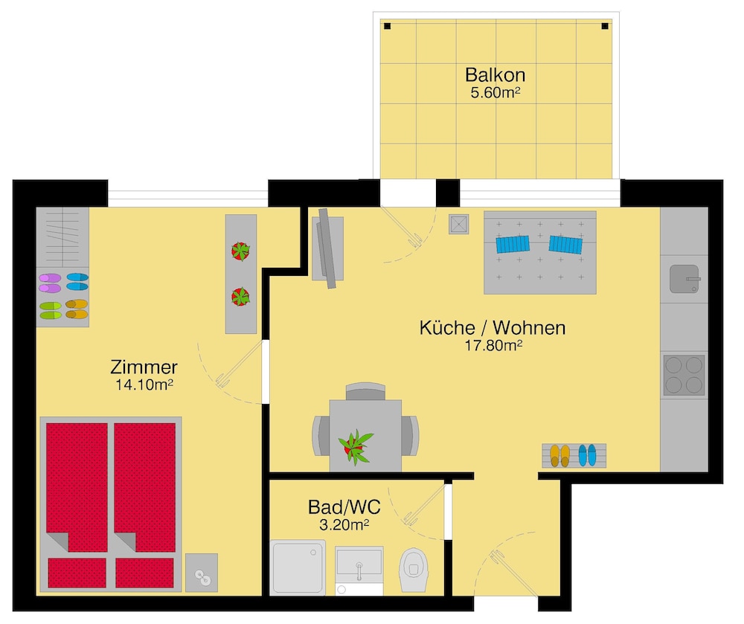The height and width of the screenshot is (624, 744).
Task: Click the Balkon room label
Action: (x=495, y=75)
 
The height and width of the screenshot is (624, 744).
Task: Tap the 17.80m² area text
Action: (x=493, y=345)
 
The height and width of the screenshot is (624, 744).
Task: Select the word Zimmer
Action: (x=144, y=367)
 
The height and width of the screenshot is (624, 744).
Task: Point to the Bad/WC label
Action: (x=344, y=507)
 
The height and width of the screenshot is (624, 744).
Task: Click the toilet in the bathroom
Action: (x=414, y=570)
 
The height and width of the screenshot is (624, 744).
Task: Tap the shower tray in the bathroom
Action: (x=298, y=567)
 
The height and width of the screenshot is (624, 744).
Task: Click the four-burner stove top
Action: (x=684, y=375)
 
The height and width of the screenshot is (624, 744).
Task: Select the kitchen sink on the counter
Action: (x=684, y=279)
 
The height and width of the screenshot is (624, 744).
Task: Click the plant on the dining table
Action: (x=356, y=446)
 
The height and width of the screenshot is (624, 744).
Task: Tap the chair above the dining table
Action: (x=365, y=391)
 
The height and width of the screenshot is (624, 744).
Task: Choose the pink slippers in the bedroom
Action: (x=50, y=283)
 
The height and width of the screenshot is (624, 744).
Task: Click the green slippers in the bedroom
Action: (x=51, y=310)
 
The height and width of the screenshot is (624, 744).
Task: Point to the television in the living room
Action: (x=327, y=248)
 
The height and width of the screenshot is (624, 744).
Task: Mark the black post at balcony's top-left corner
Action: (x=387, y=26)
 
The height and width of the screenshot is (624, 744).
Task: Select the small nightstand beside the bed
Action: (x=202, y=573)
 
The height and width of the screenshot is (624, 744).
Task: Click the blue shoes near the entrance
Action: (x=588, y=455)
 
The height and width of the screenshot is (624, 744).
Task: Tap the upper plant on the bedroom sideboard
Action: (x=240, y=251)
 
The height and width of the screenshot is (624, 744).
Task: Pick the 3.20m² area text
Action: (x=344, y=524)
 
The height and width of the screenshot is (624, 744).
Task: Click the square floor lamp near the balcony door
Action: (x=459, y=225)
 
